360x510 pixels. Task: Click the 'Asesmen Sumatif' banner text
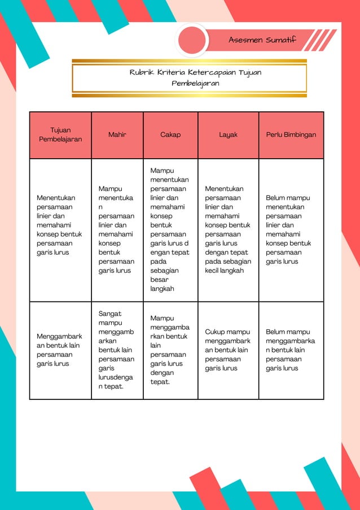(262, 40)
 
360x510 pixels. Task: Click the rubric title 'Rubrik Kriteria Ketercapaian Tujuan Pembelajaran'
(195, 78)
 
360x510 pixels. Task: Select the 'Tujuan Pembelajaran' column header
(60, 134)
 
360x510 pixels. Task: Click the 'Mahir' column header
(117, 135)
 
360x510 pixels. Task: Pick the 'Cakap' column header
(170, 135)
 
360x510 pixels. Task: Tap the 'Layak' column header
(228, 135)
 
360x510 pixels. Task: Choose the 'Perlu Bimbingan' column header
(291, 135)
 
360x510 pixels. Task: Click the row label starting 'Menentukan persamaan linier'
(59, 225)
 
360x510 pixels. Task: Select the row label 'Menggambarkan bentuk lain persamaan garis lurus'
(59, 350)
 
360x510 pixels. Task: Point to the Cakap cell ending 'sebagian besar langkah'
(170, 229)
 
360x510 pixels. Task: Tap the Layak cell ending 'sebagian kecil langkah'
(227, 229)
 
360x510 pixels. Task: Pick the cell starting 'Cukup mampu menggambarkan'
(227, 350)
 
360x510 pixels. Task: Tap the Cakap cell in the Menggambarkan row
(170, 350)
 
